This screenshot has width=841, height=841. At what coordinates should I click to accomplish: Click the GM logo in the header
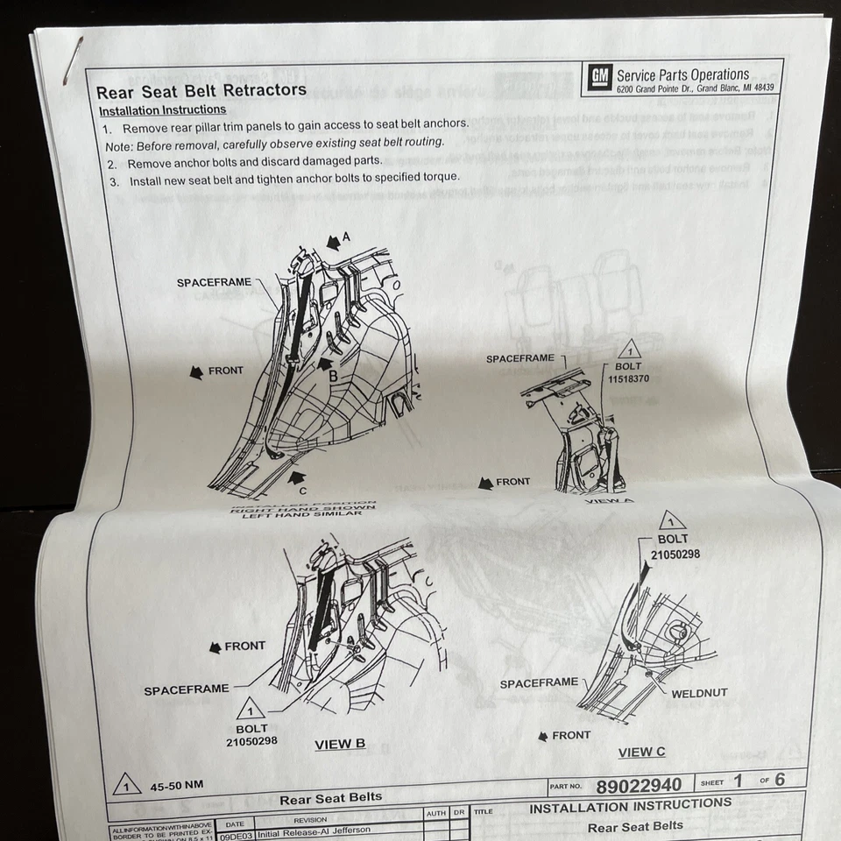click(x=599, y=80)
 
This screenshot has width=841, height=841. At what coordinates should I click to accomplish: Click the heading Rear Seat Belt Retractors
click(x=201, y=90)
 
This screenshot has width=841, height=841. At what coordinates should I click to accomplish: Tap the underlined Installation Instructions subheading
click(x=162, y=110)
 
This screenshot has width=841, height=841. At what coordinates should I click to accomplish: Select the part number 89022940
click(x=639, y=784)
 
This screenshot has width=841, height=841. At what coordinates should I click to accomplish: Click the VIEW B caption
click(x=340, y=745)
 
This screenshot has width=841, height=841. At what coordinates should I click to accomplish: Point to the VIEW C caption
click(x=641, y=752)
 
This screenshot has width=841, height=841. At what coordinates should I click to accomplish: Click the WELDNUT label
click(x=699, y=693)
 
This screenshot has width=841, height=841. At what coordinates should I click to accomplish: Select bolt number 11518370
click(x=629, y=379)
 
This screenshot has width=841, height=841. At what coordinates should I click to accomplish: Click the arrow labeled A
click(x=333, y=240)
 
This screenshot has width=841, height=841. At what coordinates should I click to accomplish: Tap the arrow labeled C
click(x=297, y=478)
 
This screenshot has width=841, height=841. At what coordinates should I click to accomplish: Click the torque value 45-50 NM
click(x=176, y=785)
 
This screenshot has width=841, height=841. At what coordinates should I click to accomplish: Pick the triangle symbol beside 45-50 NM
click(x=127, y=784)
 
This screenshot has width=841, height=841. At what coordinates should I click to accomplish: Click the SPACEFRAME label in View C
click(x=539, y=682)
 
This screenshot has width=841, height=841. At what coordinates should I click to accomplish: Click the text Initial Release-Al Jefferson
click(x=314, y=830)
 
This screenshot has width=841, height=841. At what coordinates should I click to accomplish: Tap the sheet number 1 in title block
click(x=737, y=781)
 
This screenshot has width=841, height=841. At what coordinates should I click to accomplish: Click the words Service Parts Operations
click(x=682, y=75)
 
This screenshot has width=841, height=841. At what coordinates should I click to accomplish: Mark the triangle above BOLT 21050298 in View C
click(x=672, y=519)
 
